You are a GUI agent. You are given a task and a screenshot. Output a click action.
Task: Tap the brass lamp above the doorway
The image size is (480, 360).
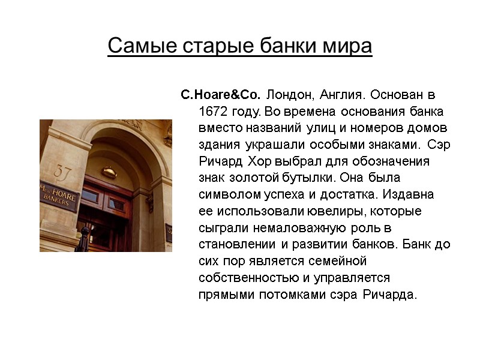coord(109,172)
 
